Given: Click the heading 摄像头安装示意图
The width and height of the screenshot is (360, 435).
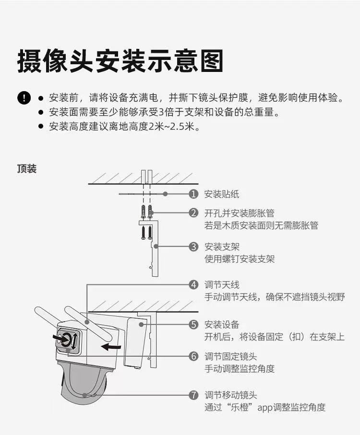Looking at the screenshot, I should [x=120, y=61].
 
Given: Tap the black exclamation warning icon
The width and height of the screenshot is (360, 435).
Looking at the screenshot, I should [x=24, y=98].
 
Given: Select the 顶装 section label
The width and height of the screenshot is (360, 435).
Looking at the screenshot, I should [x=27, y=169].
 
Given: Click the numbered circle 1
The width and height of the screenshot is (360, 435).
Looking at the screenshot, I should [x=193, y=194].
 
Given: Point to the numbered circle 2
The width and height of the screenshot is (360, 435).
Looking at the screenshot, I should [x=193, y=213].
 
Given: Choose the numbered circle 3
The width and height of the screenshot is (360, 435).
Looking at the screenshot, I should [x=193, y=247].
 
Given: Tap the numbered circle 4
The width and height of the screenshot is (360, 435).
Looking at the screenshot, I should [x=193, y=284].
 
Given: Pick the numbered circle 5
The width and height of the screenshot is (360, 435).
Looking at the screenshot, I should [x=193, y=325].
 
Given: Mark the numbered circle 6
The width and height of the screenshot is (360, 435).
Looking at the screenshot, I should [x=193, y=356].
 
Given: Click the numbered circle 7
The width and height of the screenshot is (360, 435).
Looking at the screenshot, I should [x=193, y=396].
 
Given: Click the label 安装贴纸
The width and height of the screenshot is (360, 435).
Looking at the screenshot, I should [x=222, y=194].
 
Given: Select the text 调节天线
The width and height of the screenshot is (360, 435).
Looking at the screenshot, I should [x=222, y=284].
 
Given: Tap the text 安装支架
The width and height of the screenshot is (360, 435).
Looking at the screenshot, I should [x=222, y=247].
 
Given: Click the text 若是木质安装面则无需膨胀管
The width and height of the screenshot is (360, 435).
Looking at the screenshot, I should [x=261, y=225].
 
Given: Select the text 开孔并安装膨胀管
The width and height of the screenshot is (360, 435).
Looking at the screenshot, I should [x=240, y=213].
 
